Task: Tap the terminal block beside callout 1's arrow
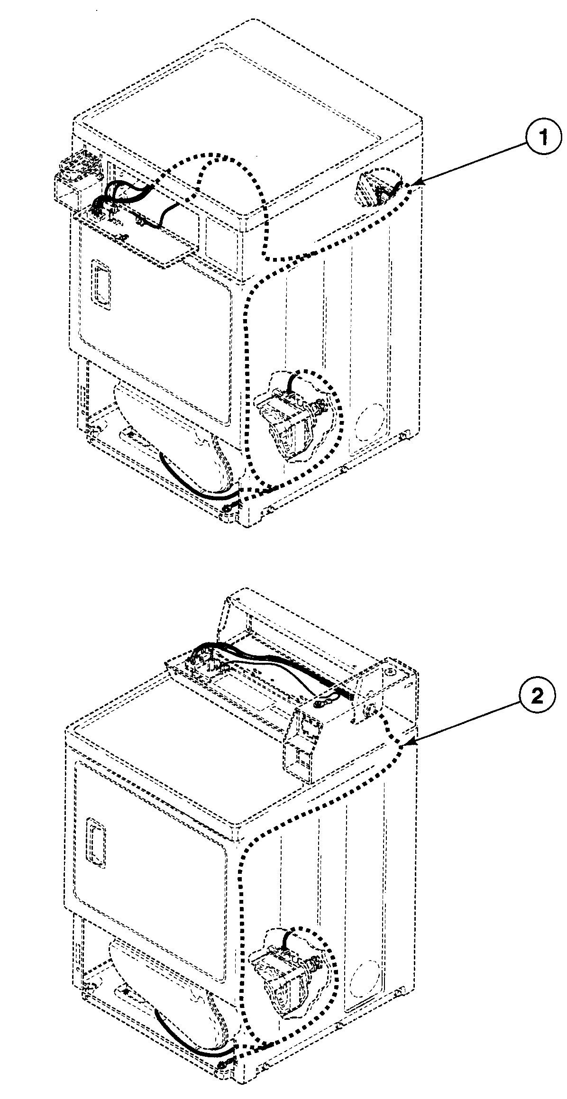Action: coord(375,190)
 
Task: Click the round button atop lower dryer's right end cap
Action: coord(390,671)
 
